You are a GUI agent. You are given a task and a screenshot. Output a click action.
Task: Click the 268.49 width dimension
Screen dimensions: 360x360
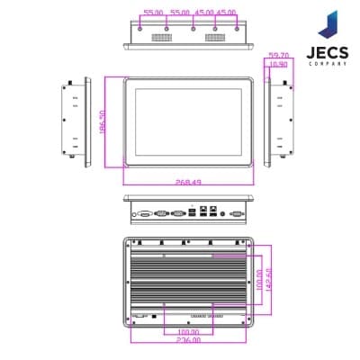pyautogui.click(x=188, y=180)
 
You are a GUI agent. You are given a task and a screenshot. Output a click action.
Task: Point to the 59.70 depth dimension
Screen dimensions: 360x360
pyautogui.click(x=278, y=56)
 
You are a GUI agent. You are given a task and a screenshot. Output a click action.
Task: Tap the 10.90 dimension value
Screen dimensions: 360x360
pyautogui.click(x=278, y=64)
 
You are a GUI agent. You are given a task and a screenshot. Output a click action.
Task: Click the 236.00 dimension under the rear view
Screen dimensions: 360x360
pyautogui.click(x=187, y=339)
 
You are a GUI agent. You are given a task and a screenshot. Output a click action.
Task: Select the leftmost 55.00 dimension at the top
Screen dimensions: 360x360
pyautogui.click(x=154, y=13)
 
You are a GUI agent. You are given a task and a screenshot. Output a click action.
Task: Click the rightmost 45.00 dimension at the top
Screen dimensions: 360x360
pyautogui.click(x=225, y=13)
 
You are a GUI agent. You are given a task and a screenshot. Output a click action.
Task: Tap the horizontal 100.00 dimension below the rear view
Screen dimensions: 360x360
pyautogui.click(x=187, y=330)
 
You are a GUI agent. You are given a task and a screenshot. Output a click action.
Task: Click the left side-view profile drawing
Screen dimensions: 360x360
pyautogui.click(x=79, y=121)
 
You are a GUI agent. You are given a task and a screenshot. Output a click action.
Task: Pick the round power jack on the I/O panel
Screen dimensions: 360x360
pyautogui.click(x=221, y=213)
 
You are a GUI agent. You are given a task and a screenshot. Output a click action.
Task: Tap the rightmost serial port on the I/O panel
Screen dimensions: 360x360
pyautogui.click(x=237, y=213)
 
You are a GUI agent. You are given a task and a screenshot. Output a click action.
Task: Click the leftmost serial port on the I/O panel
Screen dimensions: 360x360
pyautogui.click(x=144, y=213)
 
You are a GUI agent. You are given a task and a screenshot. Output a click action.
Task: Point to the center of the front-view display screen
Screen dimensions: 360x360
pyautogui.click(x=187, y=121)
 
